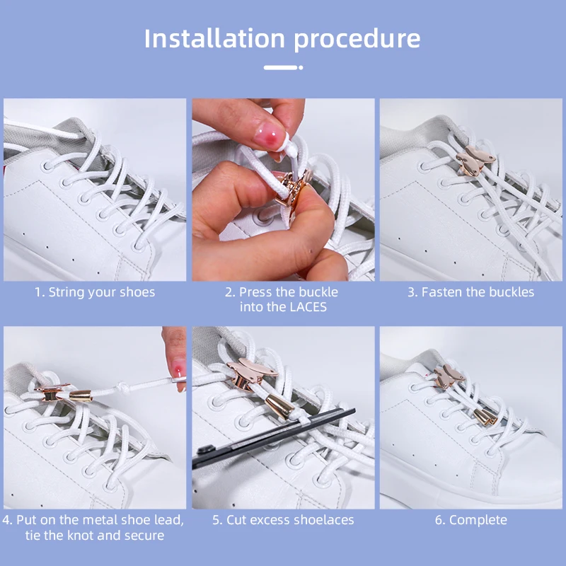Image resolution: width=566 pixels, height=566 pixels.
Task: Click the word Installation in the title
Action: pos(215,38)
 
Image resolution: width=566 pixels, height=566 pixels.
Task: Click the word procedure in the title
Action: pos(357,40)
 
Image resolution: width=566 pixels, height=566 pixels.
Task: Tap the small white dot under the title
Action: pos(301,67)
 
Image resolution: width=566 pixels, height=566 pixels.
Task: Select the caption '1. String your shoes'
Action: pos(95,292)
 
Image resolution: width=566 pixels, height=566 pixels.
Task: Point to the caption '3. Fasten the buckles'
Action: pos(470,292)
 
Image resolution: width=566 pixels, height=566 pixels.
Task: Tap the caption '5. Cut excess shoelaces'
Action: pos(283,520)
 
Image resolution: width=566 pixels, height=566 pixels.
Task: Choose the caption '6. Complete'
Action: pos(470,521)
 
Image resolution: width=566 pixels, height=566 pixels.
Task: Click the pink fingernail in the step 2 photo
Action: pos(267,135)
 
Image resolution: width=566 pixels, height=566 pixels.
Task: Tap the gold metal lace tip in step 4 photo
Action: pos(81,395)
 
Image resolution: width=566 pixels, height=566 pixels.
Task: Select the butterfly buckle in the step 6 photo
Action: pos(449,376)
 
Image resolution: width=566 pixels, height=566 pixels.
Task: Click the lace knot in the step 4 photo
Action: pos(121,387)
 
